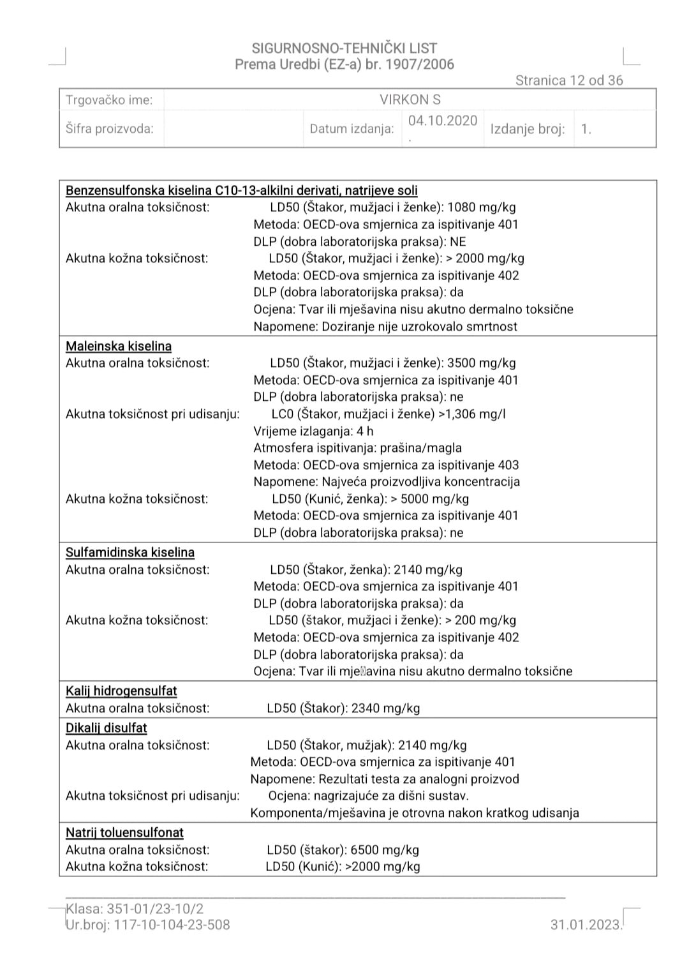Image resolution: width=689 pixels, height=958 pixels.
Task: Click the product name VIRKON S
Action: [410, 100]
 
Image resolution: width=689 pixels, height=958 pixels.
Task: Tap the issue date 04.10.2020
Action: [443, 121]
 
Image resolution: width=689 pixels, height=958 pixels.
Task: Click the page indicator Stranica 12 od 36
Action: [569, 80]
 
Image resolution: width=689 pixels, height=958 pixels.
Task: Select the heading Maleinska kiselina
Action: [119, 347]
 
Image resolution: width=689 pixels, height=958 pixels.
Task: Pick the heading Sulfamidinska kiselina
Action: [130, 553]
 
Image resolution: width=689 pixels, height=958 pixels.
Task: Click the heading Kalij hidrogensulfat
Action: [121, 691]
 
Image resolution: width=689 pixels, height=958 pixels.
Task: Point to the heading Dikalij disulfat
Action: [107, 728]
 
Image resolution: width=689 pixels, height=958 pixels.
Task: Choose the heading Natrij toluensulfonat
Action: [124, 833]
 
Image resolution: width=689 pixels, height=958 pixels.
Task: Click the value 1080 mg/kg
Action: [482, 207]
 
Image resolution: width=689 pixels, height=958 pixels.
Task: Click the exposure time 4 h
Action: [365, 431]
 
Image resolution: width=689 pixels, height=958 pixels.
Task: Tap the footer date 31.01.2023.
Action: [586, 925]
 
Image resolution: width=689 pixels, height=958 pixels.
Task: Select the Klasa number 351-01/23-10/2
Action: [155, 909]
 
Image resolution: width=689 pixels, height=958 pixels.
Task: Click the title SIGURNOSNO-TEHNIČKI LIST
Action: [344, 48]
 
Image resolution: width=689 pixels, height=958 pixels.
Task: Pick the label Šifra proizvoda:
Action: [110, 129]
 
